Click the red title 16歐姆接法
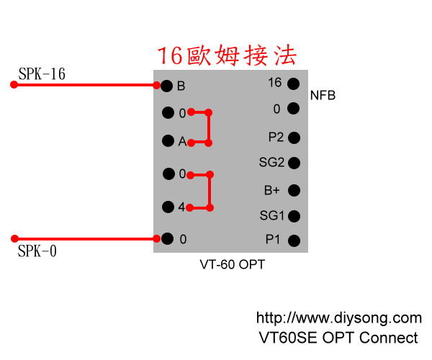pyautogui.click(x=227, y=55)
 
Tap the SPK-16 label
pyautogui.click(x=42, y=73)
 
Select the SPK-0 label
pyautogui.click(x=37, y=251)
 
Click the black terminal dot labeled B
pyautogui.click(x=167, y=86)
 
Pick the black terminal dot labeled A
pyautogui.click(x=168, y=141)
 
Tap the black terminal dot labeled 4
pyautogui.click(x=168, y=207)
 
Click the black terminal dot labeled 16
pyautogui.click(x=293, y=84)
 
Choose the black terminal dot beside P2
pyautogui.click(x=293, y=137)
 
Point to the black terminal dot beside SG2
pyautogui.click(x=293, y=163)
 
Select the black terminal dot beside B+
pyautogui.click(x=293, y=191)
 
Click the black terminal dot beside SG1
pyautogui.click(x=293, y=215)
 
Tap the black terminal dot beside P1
pyautogui.click(x=293, y=240)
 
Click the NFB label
pyautogui.click(x=323, y=95)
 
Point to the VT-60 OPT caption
pyautogui.click(x=232, y=265)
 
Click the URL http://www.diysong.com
pyautogui.click(x=339, y=318)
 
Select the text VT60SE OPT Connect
pyautogui.click(x=338, y=337)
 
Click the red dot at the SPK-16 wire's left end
pyautogui.click(x=14, y=85)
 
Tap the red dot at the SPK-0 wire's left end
pyautogui.click(x=14, y=238)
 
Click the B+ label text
pyautogui.click(x=271, y=190)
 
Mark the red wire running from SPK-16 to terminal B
pyautogui.click(x=86, y=85)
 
